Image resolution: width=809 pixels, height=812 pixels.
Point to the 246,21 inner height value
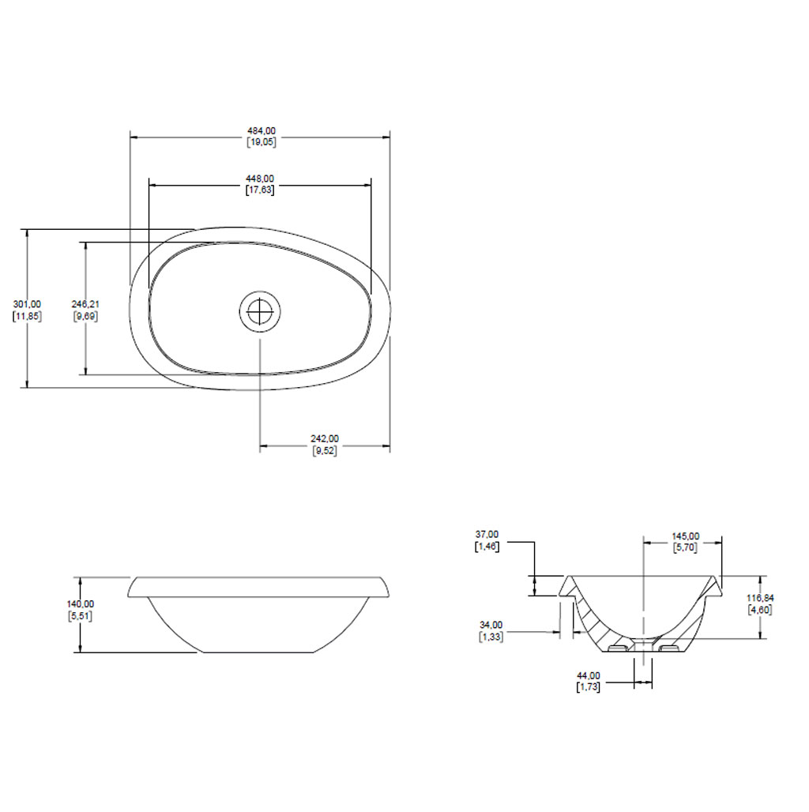coord(85,305)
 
